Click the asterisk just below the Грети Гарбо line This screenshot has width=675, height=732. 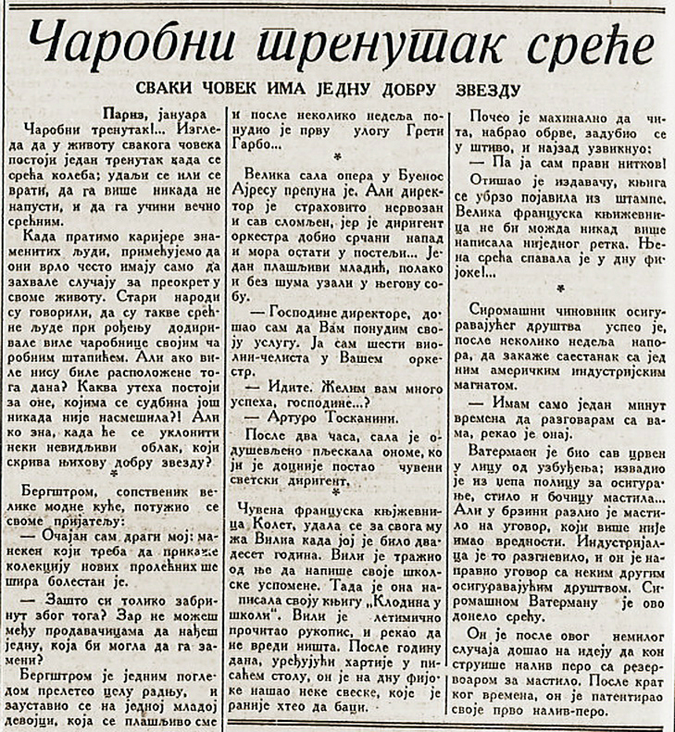click(x=338, y=159)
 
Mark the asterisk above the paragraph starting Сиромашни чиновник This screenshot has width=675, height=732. click(x=563, y=289)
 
